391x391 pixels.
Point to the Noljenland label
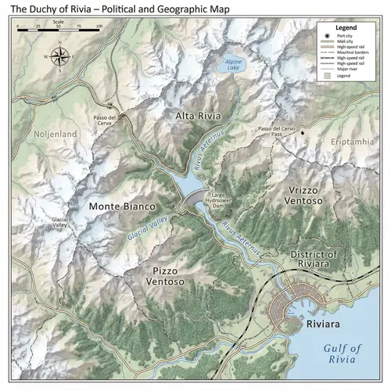(56, 135)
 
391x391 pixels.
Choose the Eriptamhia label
(352, 142)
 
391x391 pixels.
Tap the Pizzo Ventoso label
(163, 275)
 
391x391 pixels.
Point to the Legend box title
(346, 27)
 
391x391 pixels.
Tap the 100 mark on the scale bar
(99, 26)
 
